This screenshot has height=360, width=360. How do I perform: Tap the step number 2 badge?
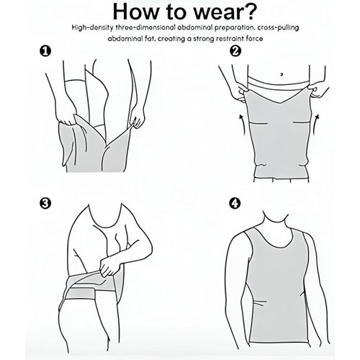click(x=235, y=51)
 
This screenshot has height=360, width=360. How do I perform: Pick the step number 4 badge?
click(x=235, y=204)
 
